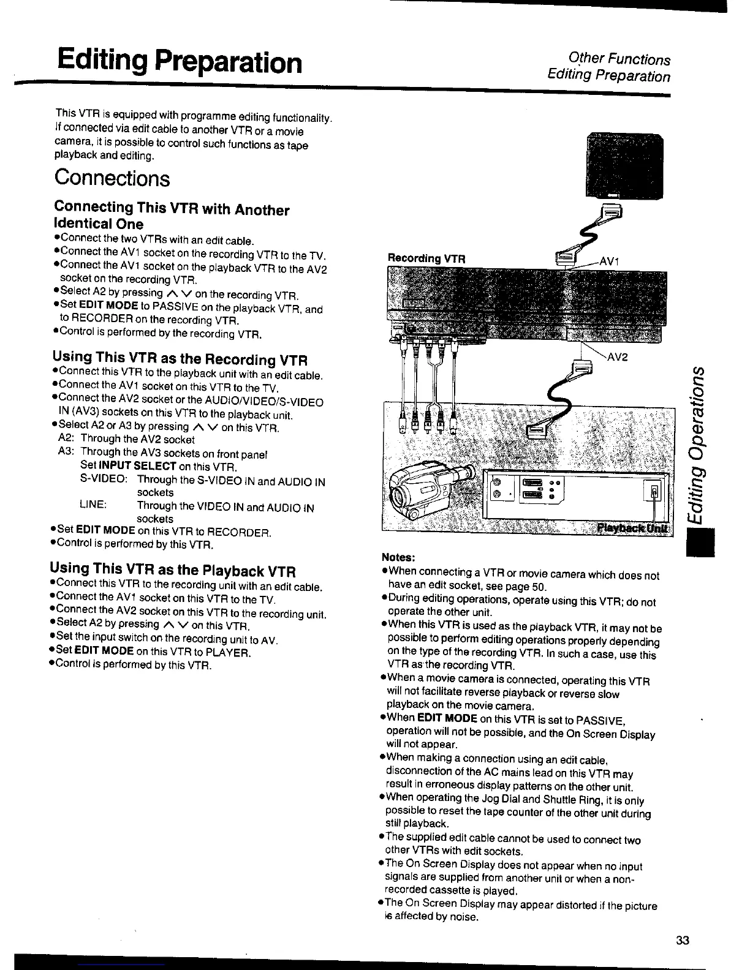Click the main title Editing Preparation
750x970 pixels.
pos(179,62)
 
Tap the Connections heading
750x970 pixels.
pos(112,178)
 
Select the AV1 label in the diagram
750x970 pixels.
pos(610,261)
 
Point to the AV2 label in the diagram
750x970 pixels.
pos(617,358)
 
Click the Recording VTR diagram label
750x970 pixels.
pos(426,258)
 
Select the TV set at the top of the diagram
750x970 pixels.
pos(624,165)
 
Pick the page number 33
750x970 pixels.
pos(683,941)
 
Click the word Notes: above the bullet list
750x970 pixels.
pos(399,557)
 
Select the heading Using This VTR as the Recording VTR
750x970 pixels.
pos(180,358)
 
